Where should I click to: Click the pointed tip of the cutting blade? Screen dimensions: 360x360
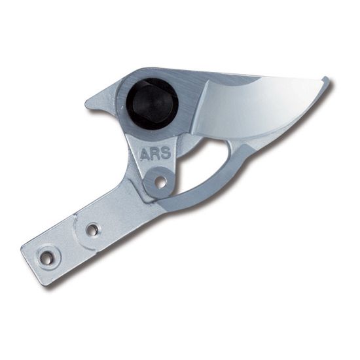click(x=325, y=77)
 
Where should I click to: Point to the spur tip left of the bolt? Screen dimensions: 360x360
click(x=86, y=104)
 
